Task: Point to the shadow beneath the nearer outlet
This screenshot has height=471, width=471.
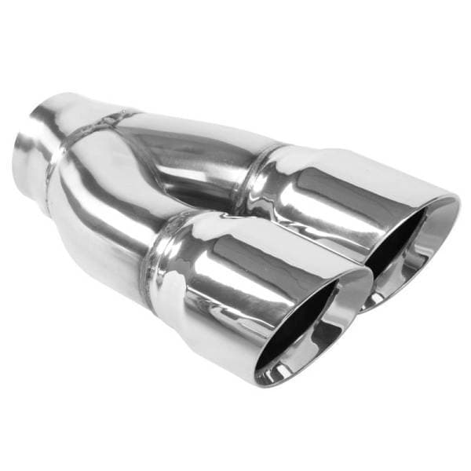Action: [235, 392]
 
